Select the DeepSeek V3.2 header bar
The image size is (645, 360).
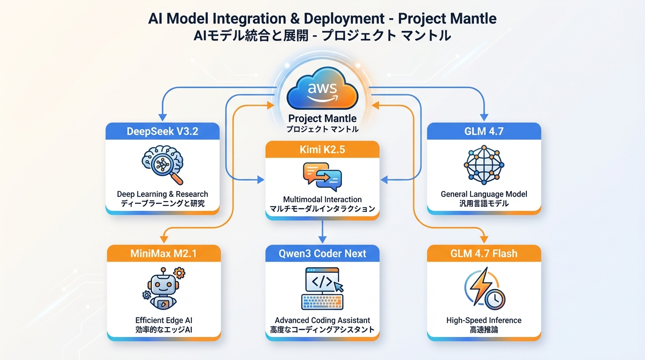[162, 131]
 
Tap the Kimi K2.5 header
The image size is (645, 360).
[322, 150]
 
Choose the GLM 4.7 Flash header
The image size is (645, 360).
[484, 254]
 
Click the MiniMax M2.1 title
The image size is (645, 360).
[164, 254]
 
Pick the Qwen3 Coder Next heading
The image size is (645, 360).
[322, 254]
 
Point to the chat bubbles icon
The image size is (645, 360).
[322, 177]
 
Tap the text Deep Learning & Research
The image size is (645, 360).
[162, 194]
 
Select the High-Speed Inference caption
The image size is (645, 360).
[484, 321]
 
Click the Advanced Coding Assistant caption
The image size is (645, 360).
[322, 321]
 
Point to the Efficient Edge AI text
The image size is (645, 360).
[163, 321]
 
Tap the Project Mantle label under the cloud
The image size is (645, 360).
[322, 119]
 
